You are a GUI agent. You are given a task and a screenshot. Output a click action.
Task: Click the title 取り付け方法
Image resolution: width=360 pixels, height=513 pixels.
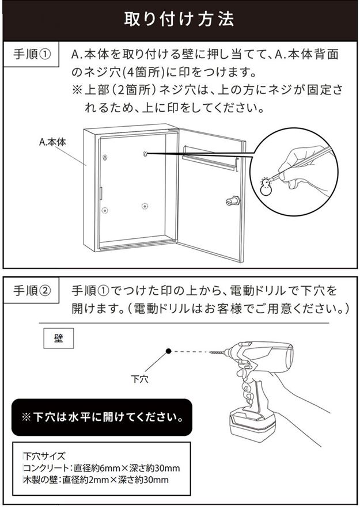click(x=180, y=19)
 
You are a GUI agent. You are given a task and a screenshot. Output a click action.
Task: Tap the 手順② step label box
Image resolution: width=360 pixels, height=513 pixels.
click(x=33, y=291)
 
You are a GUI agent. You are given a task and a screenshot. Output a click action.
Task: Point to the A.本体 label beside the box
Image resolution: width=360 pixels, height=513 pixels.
click(x=52, y=141)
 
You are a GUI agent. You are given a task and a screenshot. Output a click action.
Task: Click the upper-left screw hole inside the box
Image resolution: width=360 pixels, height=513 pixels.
click(x=105, y=158)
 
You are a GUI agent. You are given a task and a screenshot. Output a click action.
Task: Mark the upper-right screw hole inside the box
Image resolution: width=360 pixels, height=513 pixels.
click(x=145, y=154)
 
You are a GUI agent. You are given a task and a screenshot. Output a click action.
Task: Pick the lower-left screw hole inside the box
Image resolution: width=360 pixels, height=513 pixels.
click(x=105, y=211)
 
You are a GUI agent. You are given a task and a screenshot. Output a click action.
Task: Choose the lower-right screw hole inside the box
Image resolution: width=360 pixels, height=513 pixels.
click(x=144, y=206)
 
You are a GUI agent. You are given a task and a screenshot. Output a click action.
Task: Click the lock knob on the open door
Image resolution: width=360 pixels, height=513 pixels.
click(x=232, y=200)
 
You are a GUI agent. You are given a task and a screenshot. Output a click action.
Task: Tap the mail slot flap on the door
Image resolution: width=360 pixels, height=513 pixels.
click(x=209, y=157)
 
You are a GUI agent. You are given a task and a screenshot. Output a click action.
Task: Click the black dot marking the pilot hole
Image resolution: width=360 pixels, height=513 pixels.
click(x=168, y=351)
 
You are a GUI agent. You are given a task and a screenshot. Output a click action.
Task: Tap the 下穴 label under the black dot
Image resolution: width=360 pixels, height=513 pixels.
click(x=139, y=379)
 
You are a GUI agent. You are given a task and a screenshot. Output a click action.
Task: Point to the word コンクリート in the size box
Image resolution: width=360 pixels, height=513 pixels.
click(x=43, y=468)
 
